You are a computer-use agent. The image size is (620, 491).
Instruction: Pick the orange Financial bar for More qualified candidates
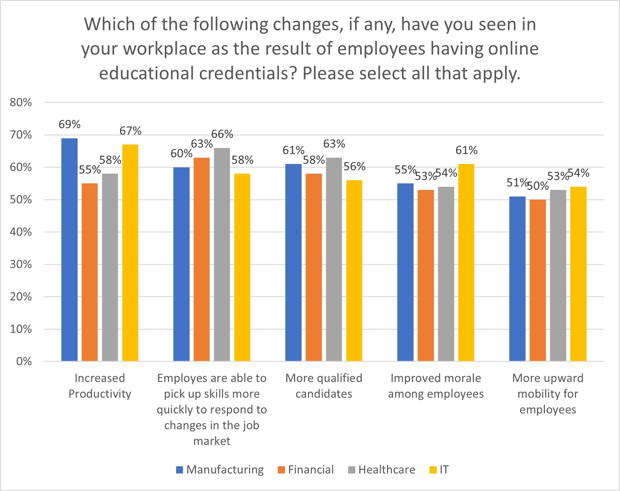[x=313, y=267]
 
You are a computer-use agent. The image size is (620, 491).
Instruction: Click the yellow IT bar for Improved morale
[x=466, y=262]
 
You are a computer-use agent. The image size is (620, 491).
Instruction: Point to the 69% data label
[x=69, y=124]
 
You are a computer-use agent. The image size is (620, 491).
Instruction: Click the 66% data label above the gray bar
[x=222, y=134]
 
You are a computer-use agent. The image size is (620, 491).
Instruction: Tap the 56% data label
[x=354, y=167]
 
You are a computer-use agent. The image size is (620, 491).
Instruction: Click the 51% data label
[x=517, y=183]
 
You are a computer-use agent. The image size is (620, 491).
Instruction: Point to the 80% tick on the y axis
[x=21, y=103]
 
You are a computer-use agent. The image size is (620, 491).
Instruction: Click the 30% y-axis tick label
[x=21, y=265]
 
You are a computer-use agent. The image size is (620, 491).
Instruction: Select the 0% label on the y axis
[x=24, y=362]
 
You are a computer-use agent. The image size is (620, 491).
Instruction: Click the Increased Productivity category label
[x=99, y=386]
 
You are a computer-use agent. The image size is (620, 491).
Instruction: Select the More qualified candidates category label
[x=324, y=386]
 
